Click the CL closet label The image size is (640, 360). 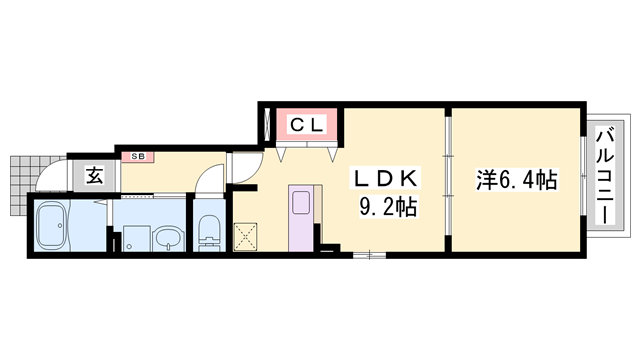point(307,125)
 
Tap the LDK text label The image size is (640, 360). point(386,179)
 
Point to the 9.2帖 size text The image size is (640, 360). point(388,207)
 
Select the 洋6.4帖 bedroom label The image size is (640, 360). point(517,180)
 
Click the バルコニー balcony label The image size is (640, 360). point(605,176)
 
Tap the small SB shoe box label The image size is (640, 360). point(138,157)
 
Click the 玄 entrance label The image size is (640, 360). point(94,176)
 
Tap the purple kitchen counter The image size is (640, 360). point(301,218)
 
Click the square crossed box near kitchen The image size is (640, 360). point(245,237)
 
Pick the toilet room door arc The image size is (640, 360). point(206,173)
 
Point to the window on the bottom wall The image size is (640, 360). point(369,255)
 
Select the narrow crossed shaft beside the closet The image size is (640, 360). point(268,124)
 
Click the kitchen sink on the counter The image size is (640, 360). point(301,202)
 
